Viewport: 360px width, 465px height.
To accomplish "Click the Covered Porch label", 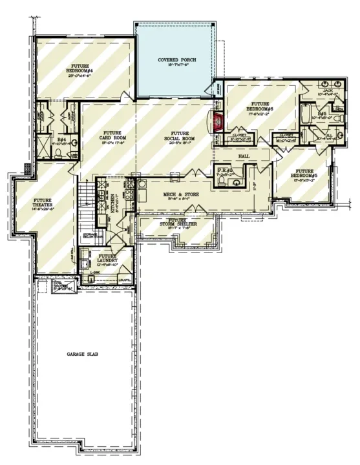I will pos(177,63).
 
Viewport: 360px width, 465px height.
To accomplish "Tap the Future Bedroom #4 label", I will pos(84,71).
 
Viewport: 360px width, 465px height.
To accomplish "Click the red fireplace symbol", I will pos(218,121).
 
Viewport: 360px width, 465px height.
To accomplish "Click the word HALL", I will pos(243,156).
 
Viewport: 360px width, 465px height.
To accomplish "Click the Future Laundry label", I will pos(108,260).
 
